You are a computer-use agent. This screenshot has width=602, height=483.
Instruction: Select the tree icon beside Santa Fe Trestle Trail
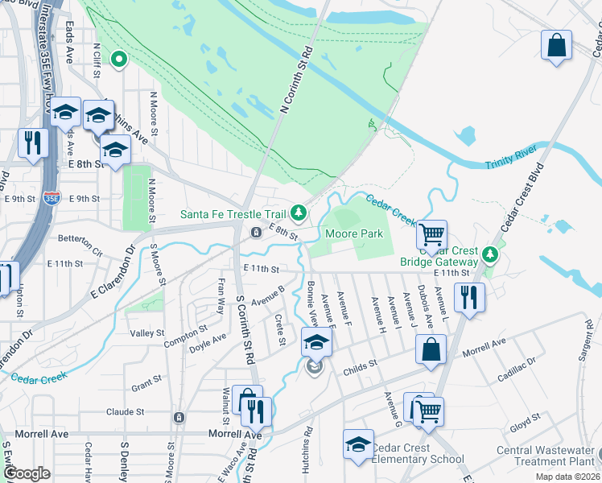299,213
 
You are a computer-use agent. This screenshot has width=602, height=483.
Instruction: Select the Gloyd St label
524,419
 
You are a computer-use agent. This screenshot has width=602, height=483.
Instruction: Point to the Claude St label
125,411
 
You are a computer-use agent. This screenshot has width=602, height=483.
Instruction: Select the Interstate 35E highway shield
52,196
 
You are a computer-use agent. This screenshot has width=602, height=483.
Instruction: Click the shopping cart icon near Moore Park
432,234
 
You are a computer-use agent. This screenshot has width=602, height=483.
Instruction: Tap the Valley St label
147,332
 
